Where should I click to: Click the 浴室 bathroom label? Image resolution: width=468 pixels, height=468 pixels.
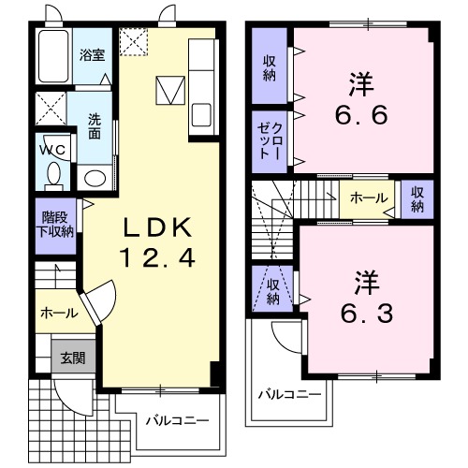92,55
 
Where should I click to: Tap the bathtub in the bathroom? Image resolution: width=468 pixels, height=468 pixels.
53,56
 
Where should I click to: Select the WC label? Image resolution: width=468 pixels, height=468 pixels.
52,150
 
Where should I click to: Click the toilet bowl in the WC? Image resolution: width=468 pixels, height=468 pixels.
54,175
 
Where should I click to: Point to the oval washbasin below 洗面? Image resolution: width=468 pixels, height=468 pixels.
95,179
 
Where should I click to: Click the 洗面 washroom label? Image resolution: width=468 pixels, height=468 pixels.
95,126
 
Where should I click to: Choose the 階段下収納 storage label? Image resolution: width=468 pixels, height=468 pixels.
55,225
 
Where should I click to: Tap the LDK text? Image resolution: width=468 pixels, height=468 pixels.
157,227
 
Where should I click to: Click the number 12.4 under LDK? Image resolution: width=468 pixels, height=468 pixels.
157,257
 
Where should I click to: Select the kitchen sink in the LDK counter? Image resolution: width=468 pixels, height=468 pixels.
201,115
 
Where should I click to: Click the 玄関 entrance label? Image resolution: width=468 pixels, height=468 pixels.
73,358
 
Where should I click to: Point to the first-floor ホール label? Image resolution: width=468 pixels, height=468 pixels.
59,313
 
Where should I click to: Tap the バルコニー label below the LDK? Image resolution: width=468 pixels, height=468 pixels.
178,420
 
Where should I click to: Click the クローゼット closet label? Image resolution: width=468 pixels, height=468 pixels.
270,141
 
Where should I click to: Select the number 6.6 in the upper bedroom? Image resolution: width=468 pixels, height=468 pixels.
361,115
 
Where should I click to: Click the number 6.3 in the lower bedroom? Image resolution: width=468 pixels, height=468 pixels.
367,314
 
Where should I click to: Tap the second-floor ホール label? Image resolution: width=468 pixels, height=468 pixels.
369,197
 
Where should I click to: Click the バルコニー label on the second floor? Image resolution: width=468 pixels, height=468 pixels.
289,395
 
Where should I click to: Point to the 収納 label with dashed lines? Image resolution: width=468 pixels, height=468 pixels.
273,291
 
